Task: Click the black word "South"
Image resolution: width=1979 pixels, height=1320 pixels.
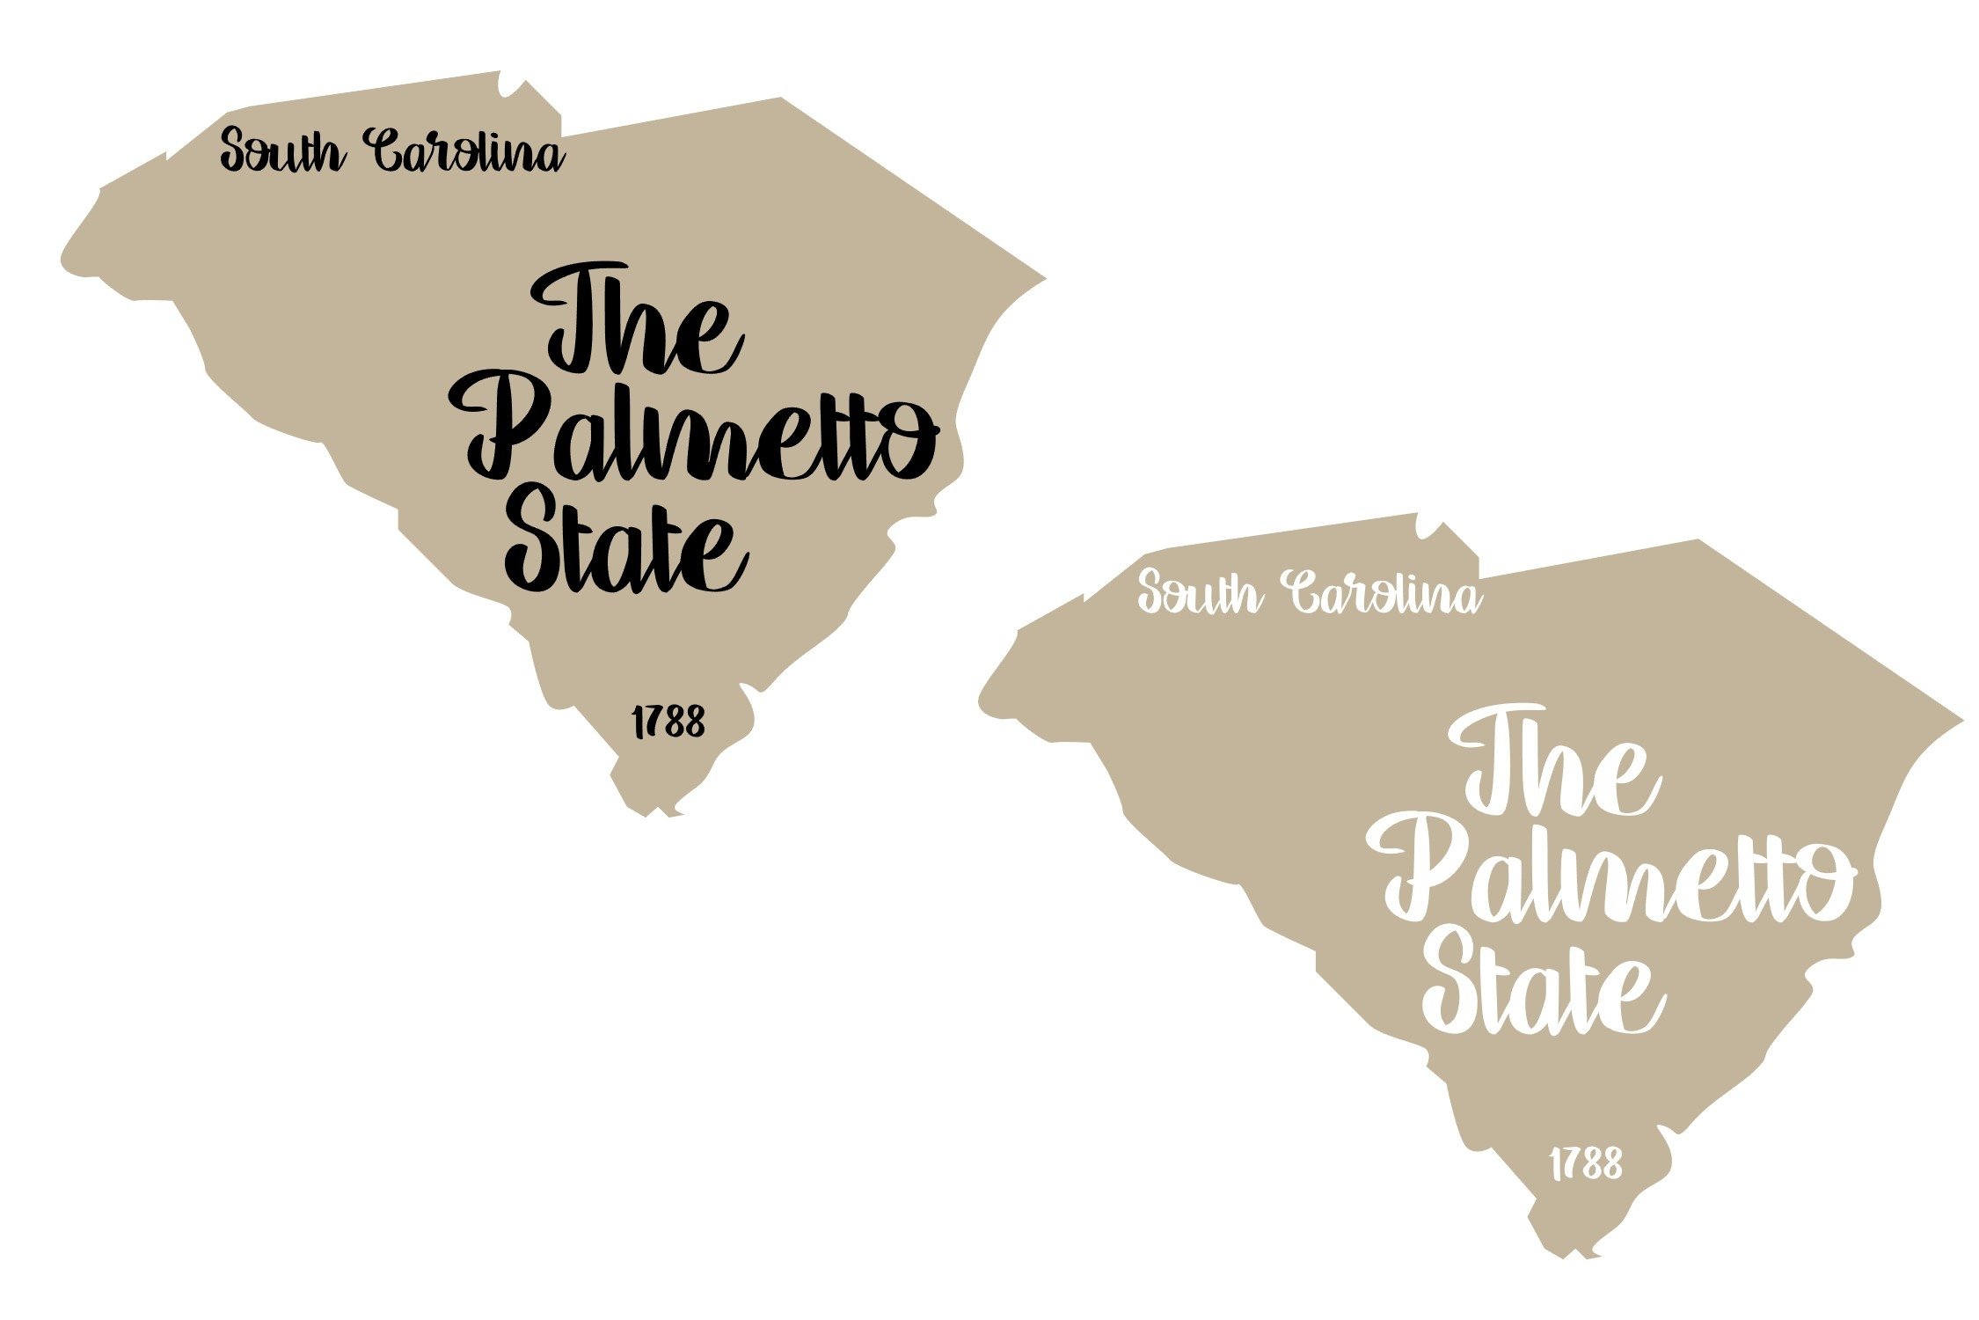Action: pyautogui.click(x=280, y=152)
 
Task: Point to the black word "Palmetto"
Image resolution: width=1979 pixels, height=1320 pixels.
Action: pyautogui.click(x=695, y=431)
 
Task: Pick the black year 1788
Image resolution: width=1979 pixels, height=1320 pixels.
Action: pyautogui.click(x=668, y=722)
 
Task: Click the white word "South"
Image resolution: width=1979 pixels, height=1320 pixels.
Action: pyautogui.click(x=1198, y=594)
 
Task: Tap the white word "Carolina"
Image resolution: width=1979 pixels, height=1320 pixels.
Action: pyautogui.click(x=1384, y=594)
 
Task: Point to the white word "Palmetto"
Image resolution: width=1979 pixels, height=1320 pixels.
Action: pyautogui.click(x=1611, y=873)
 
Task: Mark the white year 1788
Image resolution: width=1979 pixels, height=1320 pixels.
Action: pyautogui.click(x=1586, y=1164)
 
